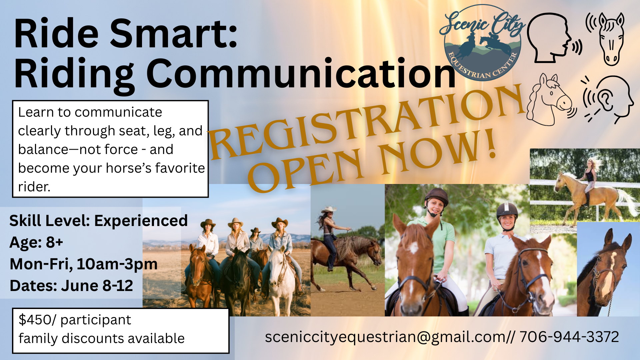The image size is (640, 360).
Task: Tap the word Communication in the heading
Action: (301, 73)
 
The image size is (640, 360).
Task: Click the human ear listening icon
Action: (608, 99)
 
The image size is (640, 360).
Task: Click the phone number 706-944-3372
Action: (569, 337)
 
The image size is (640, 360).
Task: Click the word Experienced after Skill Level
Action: (141, 221)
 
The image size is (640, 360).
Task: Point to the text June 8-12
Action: (97, 286)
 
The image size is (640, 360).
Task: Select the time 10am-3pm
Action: (117, 264)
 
